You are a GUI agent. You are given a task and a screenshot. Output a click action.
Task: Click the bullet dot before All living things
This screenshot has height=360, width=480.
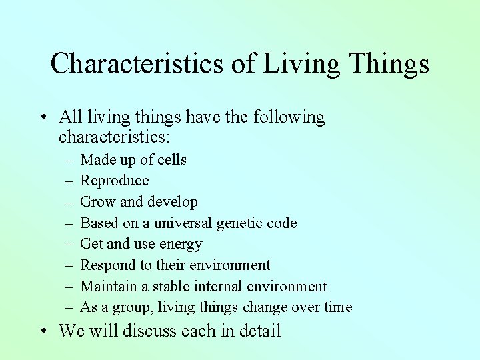[x=43, y=119]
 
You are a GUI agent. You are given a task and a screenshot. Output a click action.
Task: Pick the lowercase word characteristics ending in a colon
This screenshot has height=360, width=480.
[x=115, y=137]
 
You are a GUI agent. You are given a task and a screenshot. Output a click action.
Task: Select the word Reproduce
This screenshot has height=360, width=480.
[x=115, y=181]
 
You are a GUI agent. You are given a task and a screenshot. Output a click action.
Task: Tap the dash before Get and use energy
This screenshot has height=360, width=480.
[x=70, y=245]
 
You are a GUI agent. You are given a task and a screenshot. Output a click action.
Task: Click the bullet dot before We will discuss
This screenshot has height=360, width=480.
[x=43, y=331]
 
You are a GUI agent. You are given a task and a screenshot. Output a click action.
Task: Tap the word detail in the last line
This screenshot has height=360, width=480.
[x=257, y=331]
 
